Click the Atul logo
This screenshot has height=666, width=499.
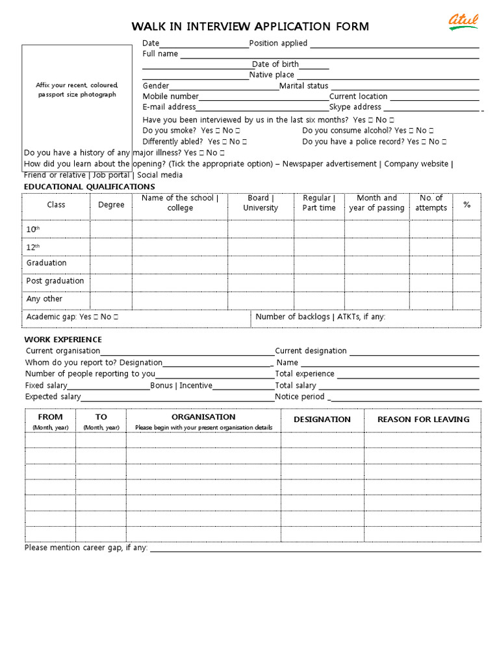(x=463, y=22)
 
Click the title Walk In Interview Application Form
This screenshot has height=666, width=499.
(x=250, y=27)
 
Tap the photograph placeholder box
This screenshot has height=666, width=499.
(x=77, y=98)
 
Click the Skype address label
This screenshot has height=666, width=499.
(x=355, y=107)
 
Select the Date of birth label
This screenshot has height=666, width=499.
(x=275, y=64)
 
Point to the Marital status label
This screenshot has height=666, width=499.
(x=303, y=86)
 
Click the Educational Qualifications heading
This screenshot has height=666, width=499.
(x=90, y=187)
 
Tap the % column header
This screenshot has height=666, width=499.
(x=467, y=205)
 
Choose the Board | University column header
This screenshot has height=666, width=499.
(x=261, y=203)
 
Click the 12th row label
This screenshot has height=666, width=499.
(x=33, y=247)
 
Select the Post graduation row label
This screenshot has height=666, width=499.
(x=55, y=281)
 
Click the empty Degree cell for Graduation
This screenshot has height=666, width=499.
(x=111, y=264)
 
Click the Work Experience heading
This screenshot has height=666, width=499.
(x=63, y=340)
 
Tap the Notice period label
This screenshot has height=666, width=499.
(x=300, y=397)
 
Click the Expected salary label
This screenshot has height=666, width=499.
(x=53, y=397)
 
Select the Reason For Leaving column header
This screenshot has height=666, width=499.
(x=423, y=420)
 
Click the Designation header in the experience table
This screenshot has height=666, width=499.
(x=322, y=420)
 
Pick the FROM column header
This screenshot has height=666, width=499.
(x=50, y=417)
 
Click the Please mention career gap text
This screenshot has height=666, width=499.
(x=86, y=548)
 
